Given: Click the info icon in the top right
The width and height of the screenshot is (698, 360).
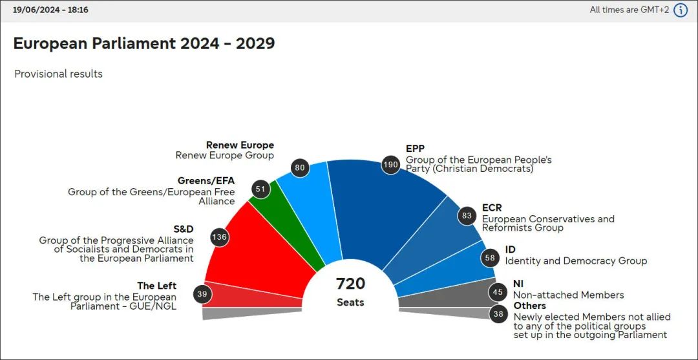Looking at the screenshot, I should (x=681, y=10).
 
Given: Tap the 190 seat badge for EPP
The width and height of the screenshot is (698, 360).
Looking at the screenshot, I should (x=390, y=164).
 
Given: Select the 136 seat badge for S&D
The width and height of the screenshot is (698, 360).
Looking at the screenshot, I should (x=220, y=237).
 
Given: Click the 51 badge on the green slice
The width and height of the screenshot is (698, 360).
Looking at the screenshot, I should (x=260, y=190).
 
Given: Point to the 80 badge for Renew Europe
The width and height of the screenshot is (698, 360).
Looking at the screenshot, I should (x=300, y=168).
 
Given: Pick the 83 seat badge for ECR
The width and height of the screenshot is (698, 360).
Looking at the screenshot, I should (x=467, y=216).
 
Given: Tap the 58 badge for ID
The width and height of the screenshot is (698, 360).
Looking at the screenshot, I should (x=490, y=258).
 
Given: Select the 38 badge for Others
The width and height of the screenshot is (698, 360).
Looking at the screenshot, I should (x=498, y=315).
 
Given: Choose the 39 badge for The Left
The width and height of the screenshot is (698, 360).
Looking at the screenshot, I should (x=202, y=294).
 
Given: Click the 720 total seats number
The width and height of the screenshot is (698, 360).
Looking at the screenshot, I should (x=350, y=284).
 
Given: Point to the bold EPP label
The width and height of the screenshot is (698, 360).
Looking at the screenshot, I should (x=415, y=149).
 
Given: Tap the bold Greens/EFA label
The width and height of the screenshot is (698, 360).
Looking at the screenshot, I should (x=206, y=181).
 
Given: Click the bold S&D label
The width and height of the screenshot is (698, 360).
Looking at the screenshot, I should (x=183, y=229).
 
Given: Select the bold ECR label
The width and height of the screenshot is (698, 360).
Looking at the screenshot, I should (x=492, y=208).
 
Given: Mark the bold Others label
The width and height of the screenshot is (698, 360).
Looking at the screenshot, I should (x=529, y=306).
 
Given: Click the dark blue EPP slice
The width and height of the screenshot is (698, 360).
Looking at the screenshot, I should (x=381, y=207).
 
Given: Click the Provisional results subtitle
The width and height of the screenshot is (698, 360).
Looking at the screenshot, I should (x=58, y=74).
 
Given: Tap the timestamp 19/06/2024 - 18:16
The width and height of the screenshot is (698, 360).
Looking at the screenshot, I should (x=50, y=10).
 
